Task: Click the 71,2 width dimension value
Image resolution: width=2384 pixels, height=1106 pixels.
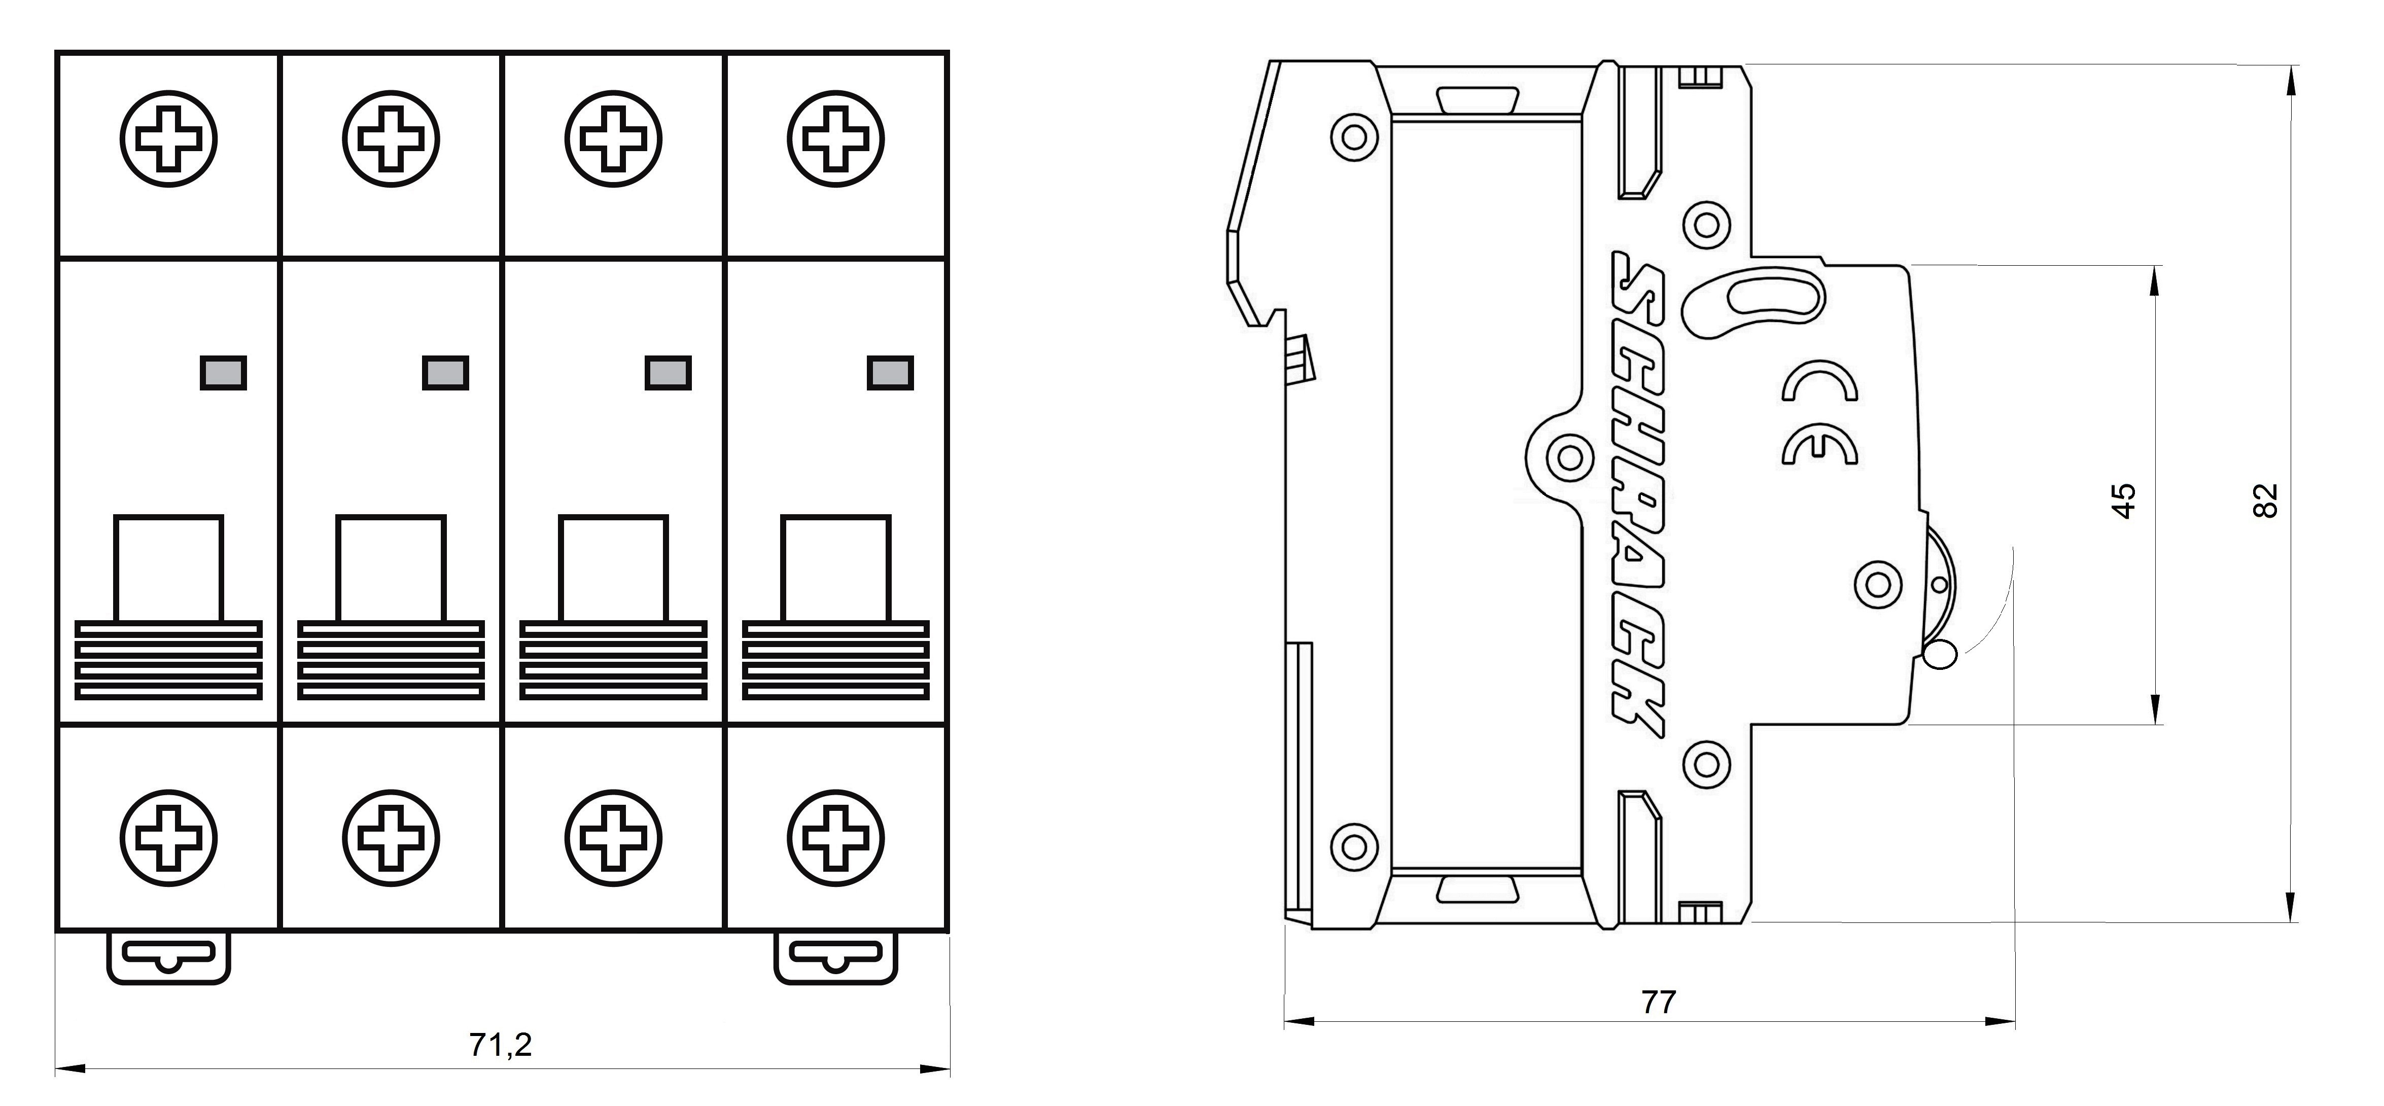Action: tap(501, 1045)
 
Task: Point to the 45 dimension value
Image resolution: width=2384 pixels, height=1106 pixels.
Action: tap(2125, 501)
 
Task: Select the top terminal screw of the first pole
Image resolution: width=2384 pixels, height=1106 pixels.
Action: tap(168, 139)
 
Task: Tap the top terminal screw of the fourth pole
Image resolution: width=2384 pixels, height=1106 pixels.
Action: tap(836, 139)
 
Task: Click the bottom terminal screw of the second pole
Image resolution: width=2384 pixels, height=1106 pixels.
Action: tap(391, 839)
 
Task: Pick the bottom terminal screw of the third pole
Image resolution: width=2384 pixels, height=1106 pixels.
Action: tap(613, 839)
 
